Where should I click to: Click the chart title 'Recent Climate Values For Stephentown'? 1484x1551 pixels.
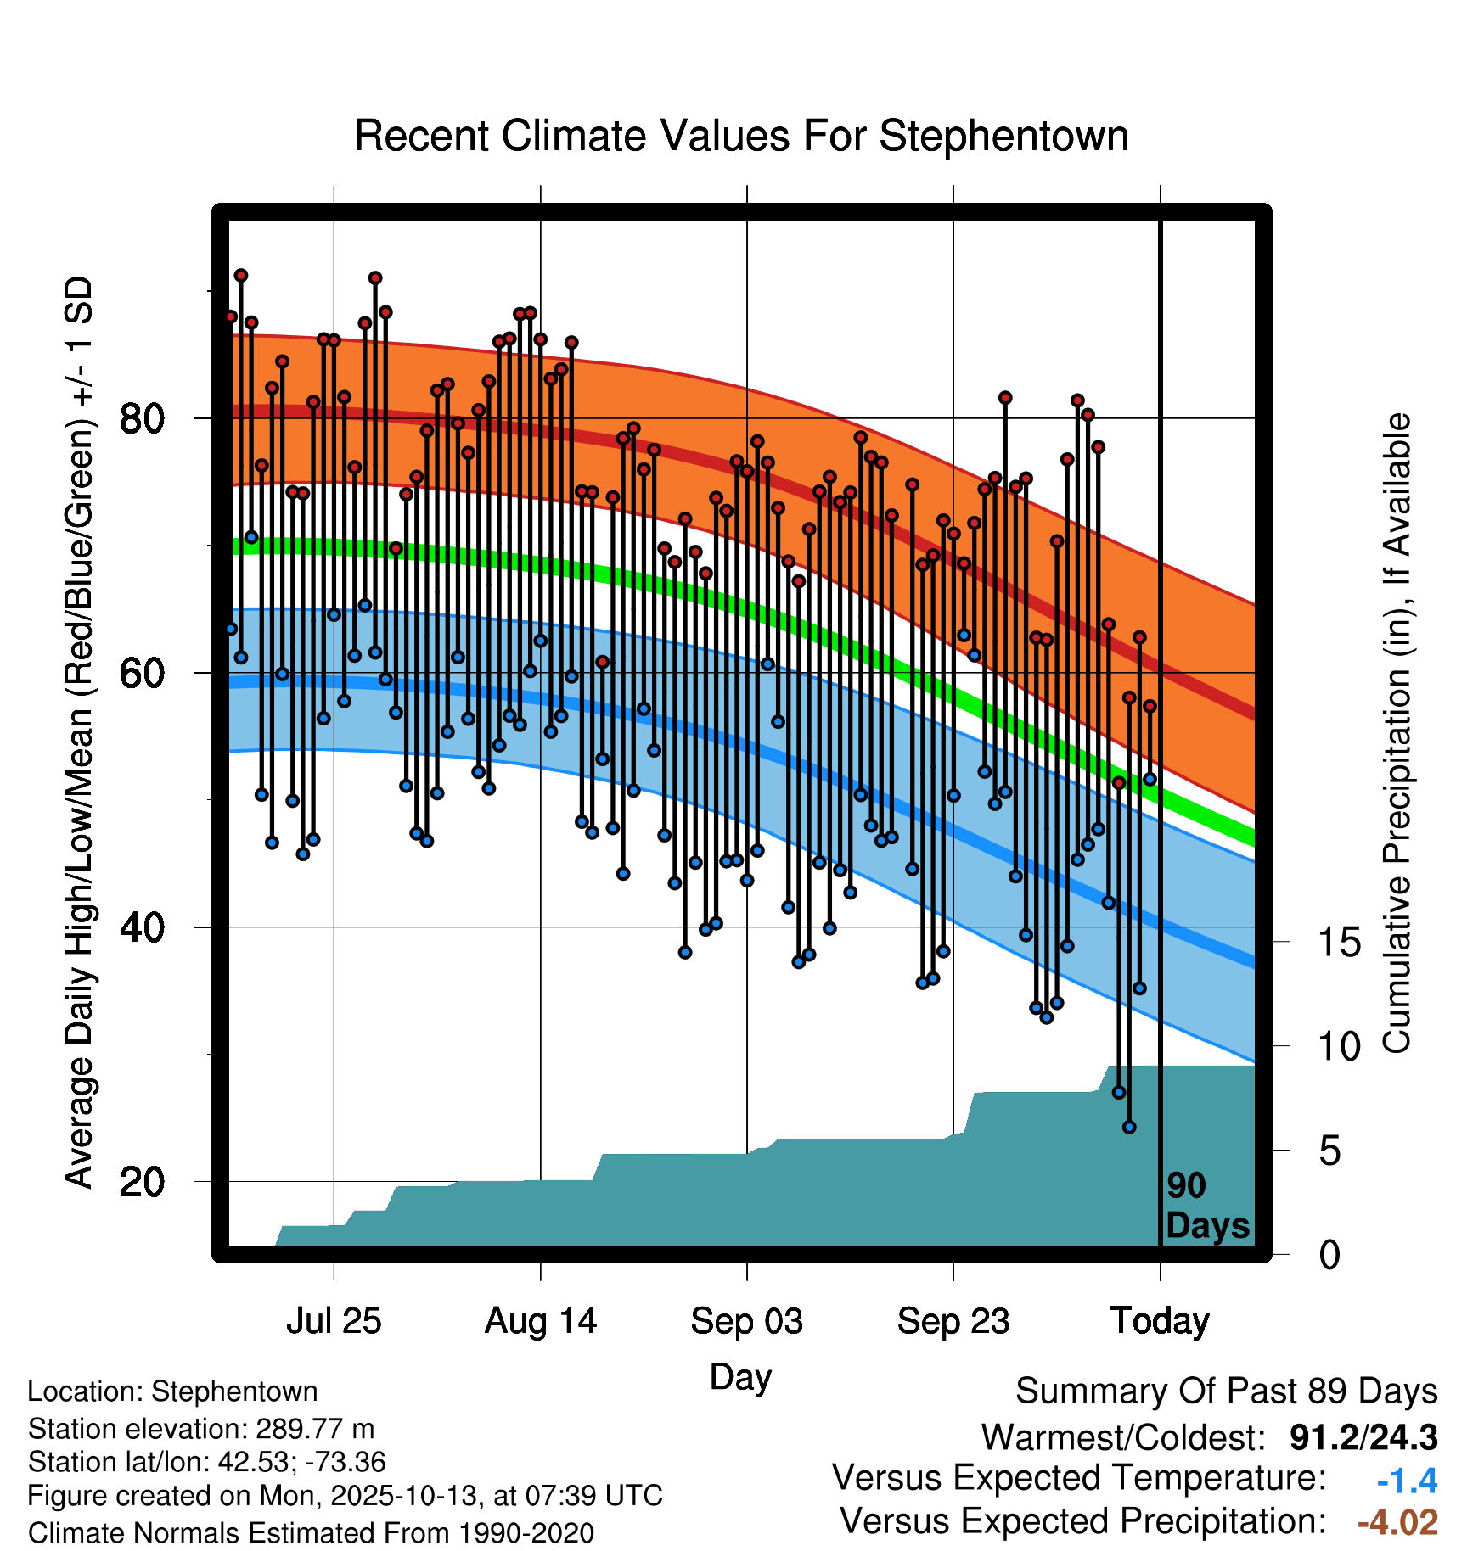(741, 136)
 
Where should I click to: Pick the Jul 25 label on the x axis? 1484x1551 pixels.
(334, 1321)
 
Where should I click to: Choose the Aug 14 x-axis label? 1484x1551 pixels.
(541, 1321)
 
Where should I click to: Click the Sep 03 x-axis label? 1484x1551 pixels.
(747, 1321)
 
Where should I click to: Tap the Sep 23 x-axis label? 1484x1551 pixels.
(953, 1321)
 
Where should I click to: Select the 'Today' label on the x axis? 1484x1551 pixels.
(1160, 1321)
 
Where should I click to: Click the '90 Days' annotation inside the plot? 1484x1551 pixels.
(1207, 1206)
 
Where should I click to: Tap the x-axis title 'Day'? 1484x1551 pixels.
(740, 1377)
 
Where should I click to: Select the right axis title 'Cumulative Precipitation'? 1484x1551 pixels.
(1397, 734)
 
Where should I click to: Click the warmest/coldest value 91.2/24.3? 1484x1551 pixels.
(1363, 1437)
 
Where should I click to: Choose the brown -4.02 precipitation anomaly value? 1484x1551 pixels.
(1397, 1522)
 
